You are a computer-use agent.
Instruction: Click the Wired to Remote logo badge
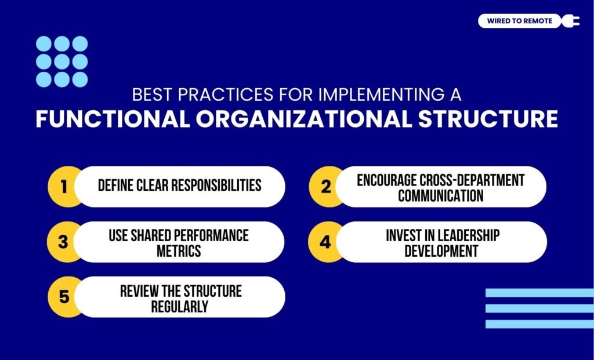pos(519,21)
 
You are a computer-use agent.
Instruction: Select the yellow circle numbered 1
pos(64,187)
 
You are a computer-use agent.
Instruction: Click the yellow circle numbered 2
pos(325,187)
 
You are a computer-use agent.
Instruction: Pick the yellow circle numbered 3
pos(64,242)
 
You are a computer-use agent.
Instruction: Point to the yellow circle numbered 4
pos(325,242)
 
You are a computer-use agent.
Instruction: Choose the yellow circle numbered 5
pos(64,297)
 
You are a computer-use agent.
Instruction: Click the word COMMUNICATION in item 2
pos(440,196)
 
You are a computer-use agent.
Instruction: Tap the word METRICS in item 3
pos(178,252)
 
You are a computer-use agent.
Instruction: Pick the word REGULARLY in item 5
pos(179,307)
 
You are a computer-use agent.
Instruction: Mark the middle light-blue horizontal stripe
pos(539,308)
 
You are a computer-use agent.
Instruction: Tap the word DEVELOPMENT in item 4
pos(441,251)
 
